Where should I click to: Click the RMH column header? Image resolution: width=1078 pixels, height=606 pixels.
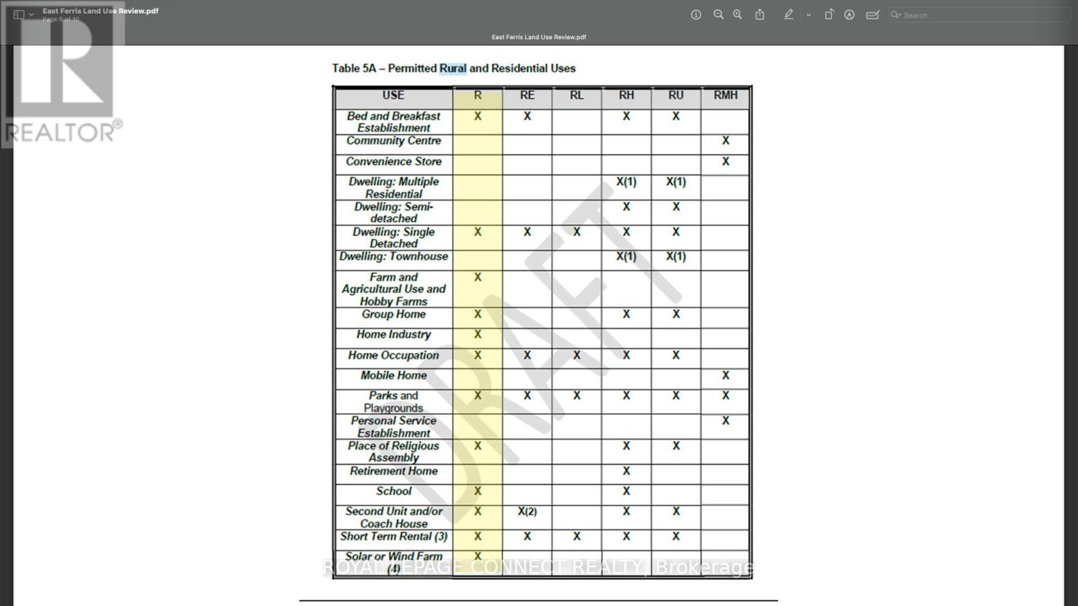coord(725,96)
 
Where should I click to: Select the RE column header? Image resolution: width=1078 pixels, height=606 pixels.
coord(527,96)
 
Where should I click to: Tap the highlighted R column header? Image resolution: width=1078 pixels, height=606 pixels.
coord(478,96)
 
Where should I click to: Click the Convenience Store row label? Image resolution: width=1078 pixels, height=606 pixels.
coord(393,162)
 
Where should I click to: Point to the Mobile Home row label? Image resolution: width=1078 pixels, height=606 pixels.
coord(393,376)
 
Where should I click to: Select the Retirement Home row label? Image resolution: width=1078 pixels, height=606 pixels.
coord(393,471)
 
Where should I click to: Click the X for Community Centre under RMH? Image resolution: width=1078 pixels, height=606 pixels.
coord(725,141)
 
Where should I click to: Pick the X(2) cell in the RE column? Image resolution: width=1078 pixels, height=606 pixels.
coord(527,512)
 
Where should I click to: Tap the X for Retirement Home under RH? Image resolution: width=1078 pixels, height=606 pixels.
coord(626,471)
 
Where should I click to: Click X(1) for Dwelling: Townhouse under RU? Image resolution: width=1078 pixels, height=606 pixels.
coord(676,257)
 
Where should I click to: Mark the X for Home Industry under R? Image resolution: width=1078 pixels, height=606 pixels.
coord(478,335)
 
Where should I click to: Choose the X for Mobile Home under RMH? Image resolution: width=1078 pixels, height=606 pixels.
coord(725,376)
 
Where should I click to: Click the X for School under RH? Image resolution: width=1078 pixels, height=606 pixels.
coord(626,492)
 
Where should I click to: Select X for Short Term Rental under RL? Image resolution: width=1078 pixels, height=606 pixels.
coord(577,537)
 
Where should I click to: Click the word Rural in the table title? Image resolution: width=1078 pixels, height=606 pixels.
coord(453,69)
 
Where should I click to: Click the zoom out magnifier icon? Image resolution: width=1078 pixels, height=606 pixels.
coord(718,15)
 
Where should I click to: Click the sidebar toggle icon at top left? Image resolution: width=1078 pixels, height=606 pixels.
coord(19,15)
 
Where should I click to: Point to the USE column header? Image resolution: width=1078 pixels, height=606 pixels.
coord(393,96)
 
